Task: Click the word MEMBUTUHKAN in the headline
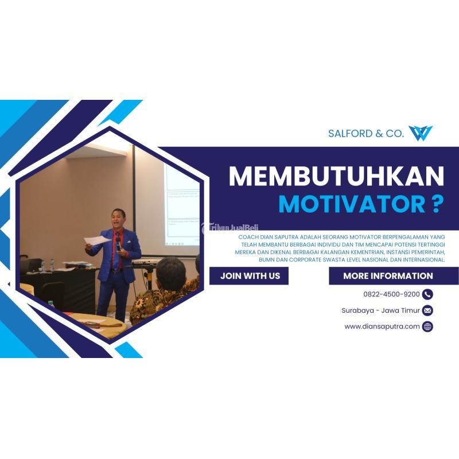336,177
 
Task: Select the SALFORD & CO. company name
366,134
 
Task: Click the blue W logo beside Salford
421,133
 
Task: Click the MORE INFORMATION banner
388,276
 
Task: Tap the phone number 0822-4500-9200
391,294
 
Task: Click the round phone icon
427,294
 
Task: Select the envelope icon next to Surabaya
427,310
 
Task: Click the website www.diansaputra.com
382,326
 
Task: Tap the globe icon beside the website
427,326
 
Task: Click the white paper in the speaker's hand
96,240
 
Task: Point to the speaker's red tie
118,252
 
